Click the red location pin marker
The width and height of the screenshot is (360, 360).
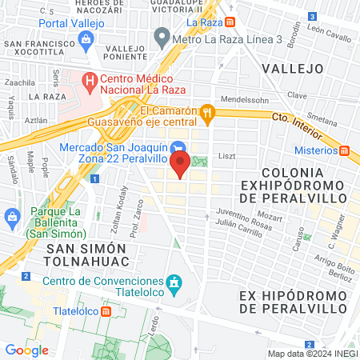(x=180, y=165)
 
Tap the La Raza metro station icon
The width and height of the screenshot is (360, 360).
(x=230, y=23)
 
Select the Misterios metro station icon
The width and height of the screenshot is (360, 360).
(x=345, y=150)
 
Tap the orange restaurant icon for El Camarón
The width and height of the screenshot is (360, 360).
(x=208, y=113)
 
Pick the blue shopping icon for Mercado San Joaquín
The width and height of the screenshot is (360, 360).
(x=180, y=147)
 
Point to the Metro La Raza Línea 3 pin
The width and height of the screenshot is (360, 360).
(x=162, y=36)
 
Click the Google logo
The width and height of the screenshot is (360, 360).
(x=26, y=350)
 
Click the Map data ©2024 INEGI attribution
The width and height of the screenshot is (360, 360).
(x=313, y=354)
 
